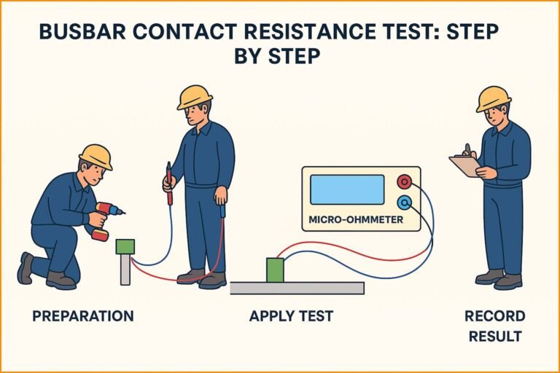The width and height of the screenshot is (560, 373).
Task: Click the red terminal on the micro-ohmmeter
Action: click(403, 181)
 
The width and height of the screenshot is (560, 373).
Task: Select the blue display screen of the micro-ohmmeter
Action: click(346, 189)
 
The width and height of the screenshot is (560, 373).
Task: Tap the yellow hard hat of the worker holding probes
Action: click(194, 97)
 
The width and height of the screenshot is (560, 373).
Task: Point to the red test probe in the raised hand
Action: click(169, 182)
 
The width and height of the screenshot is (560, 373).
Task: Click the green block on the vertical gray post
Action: click(125, 246)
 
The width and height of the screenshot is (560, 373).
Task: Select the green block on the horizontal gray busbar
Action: click(275, 270)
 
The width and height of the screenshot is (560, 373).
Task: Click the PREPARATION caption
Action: click(82, 316)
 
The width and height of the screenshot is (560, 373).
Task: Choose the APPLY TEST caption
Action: click(291, 316)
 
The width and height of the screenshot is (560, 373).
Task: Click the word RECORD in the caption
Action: click(494, 316)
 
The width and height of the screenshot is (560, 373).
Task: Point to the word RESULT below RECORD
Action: click(494, 336)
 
